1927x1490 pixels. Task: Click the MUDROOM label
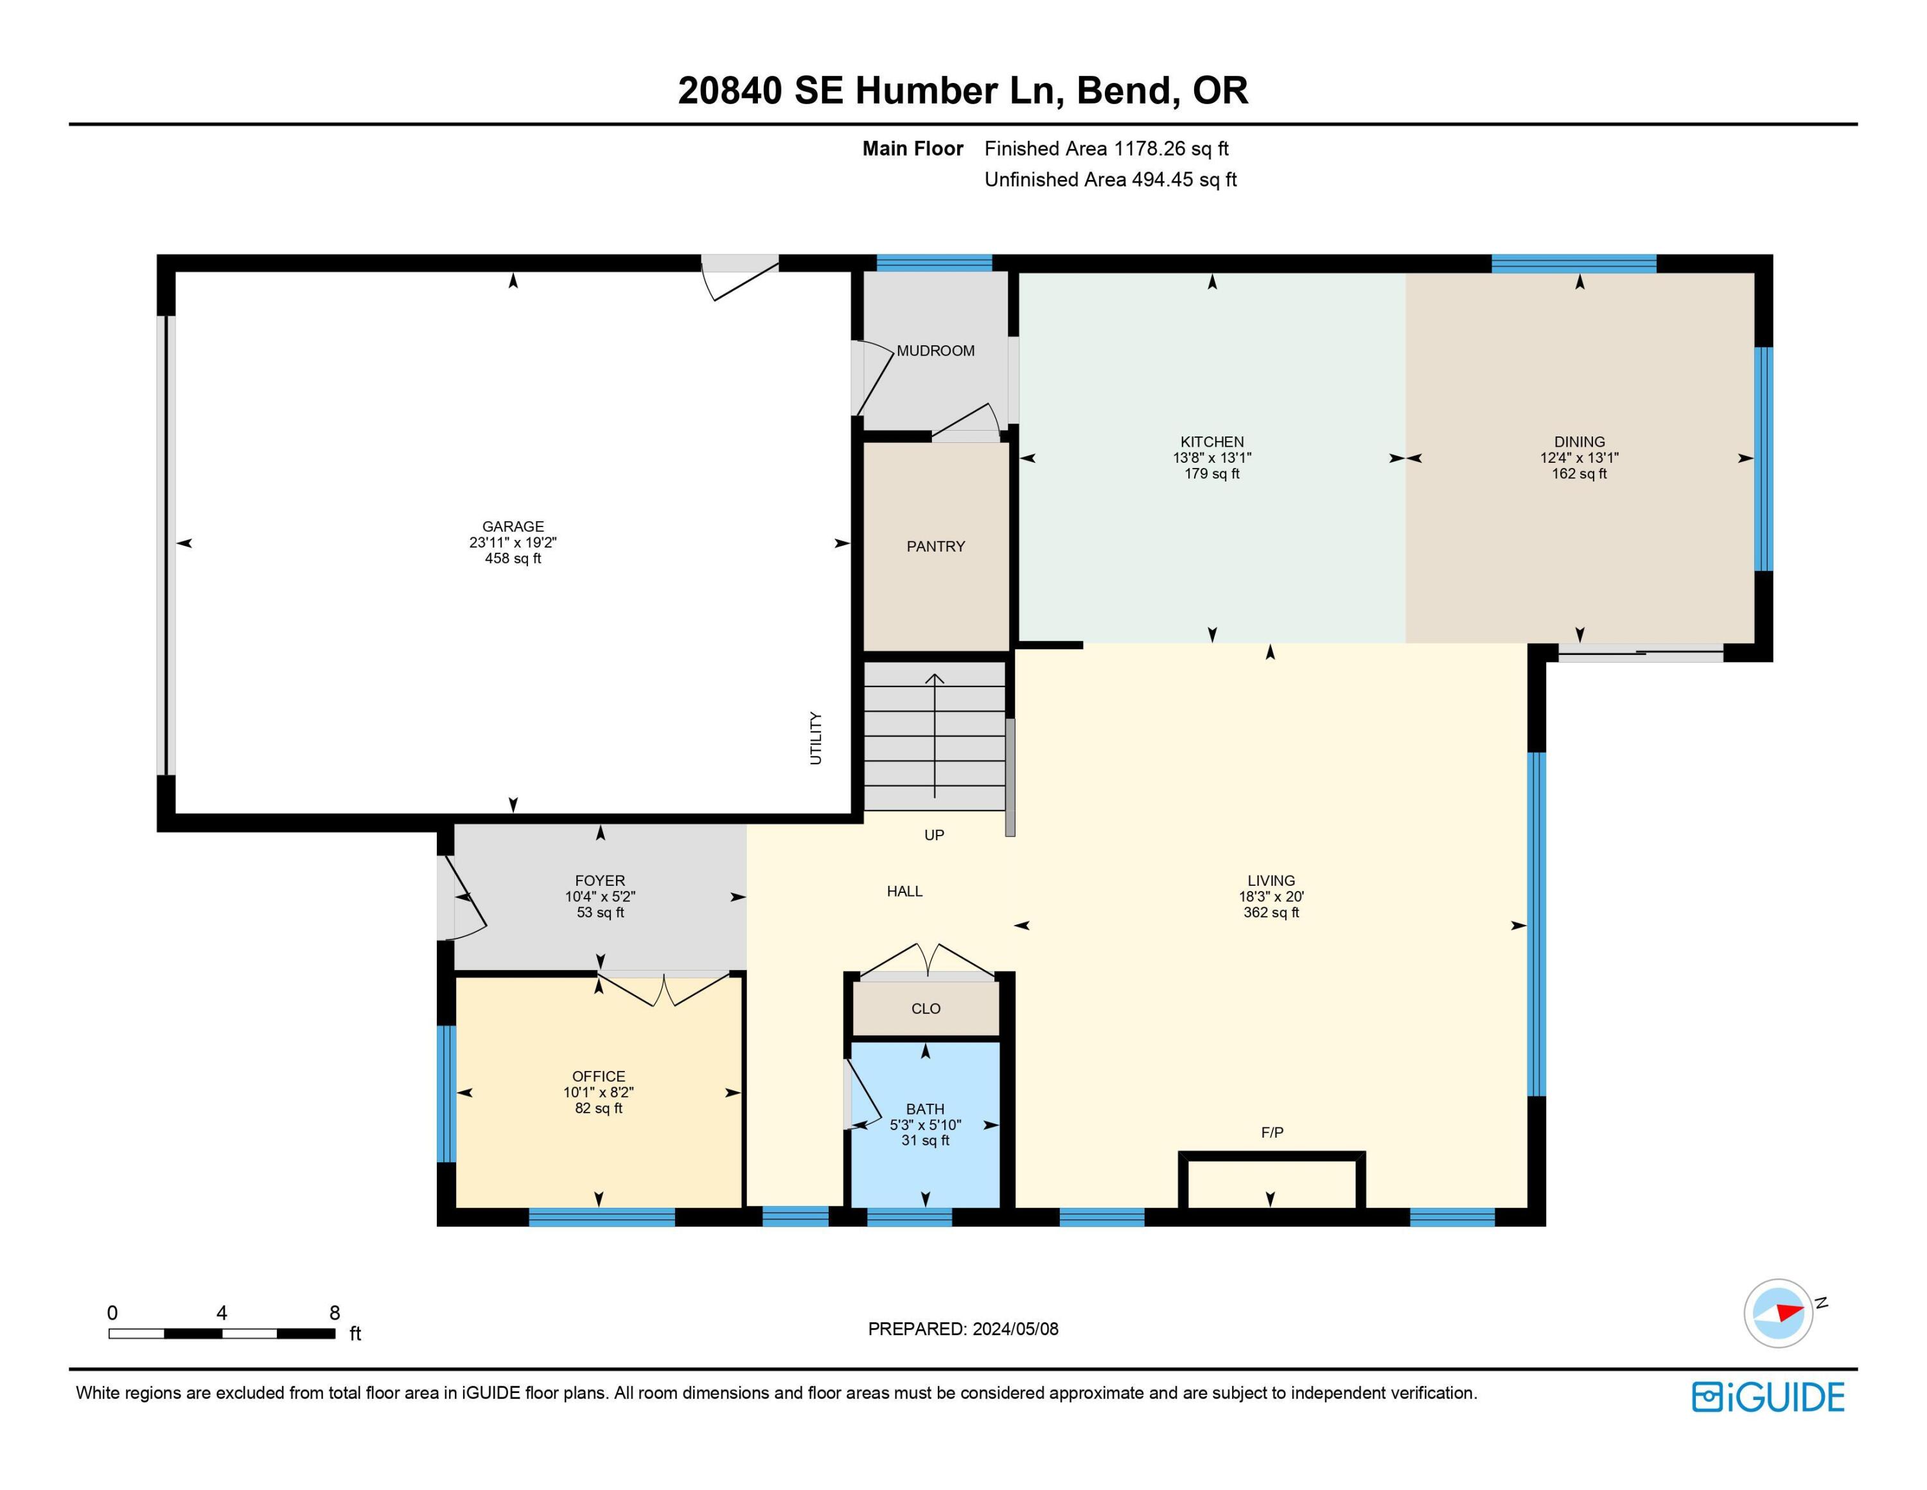coord(935,350)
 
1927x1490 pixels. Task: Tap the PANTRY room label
coord(935,546)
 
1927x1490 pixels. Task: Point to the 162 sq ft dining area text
coord(1579,474)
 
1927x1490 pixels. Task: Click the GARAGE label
coord(513,526)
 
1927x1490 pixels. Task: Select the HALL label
coord(904,892)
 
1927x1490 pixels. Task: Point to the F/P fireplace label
coord(1271,1133)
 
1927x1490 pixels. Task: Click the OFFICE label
coord(598,1076)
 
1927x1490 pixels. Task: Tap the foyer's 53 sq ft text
coord(600,913)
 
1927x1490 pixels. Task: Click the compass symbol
coord(1778,1313)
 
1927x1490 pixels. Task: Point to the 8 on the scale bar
coord(335,1313)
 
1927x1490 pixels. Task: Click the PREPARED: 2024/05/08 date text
coord(963,1329)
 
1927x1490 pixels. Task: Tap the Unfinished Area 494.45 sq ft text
coord(1110,180)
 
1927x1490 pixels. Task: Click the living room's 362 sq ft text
coord(1271,913)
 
